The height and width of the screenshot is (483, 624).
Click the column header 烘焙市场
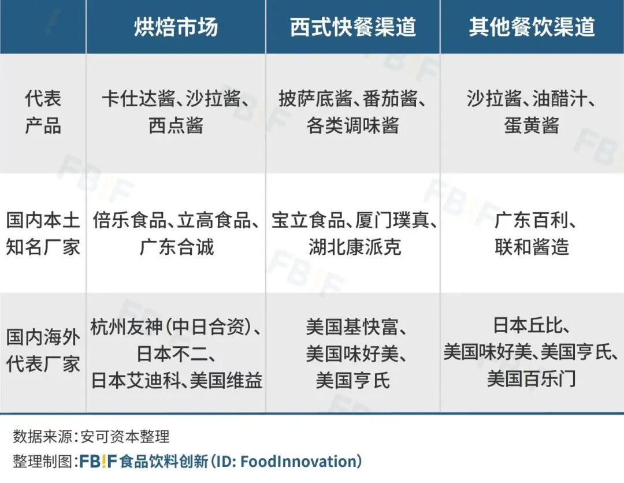coord(176,27)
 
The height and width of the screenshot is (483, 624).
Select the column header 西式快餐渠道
coord(352,27)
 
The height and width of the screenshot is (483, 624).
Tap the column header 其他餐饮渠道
coord(532,27)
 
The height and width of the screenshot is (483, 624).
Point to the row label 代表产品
coord(43,112)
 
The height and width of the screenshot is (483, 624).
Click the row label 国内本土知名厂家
coord(43,233)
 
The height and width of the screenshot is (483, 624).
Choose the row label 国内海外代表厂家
coord(43,350)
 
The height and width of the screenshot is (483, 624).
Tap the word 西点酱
coord(176,125)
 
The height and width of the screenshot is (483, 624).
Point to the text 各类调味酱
coord(352,125)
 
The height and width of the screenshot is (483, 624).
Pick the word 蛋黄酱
coord(532,125)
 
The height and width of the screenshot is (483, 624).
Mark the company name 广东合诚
coord(176,247)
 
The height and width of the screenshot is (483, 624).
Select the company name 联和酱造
coord(532,247)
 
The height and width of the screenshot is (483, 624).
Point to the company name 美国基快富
coord(352,328)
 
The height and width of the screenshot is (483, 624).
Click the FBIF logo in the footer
coord(98,461)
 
